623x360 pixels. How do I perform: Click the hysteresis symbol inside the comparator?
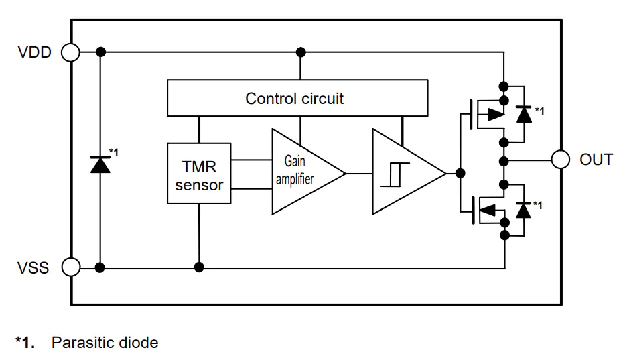(x=395, y=174)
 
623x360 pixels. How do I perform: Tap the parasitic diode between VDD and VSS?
(x=100, y=164)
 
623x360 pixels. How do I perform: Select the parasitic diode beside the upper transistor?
(x=524, y=114)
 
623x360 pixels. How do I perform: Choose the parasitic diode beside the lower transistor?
(x=523, y=210)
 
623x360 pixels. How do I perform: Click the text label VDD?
(x=35, y=52)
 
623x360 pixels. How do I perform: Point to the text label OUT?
(x=596, y=160)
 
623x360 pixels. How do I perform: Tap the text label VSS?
(x=33, y=267)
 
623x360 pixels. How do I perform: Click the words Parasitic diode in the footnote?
(x=105, y=343)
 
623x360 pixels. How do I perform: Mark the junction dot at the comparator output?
(x=460, y=173)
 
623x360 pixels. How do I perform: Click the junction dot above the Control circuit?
(x=301, y=52)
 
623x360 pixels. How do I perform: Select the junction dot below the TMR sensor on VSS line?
(x=199, y=267)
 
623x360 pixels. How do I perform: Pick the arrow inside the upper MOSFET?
(x=496, y=114)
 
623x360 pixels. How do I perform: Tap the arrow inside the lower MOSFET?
(x=488, y=210)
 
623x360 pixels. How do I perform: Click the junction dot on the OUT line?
(x=504, y=161)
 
